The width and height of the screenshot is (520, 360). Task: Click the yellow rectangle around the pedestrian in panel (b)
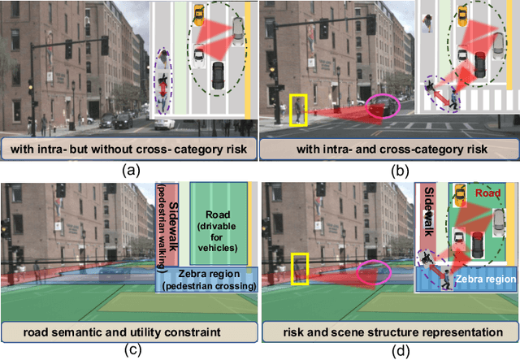(x=297, y=109)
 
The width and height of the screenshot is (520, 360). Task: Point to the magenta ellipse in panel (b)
(x=383, y=106)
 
